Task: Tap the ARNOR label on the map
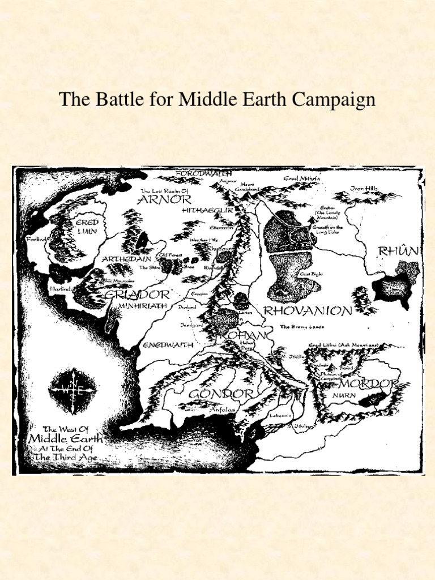point(165,199)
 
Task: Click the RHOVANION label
point(308,310)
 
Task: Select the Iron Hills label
point(363,189)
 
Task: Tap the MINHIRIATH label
point(142,305)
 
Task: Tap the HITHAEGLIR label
point(207,210)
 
